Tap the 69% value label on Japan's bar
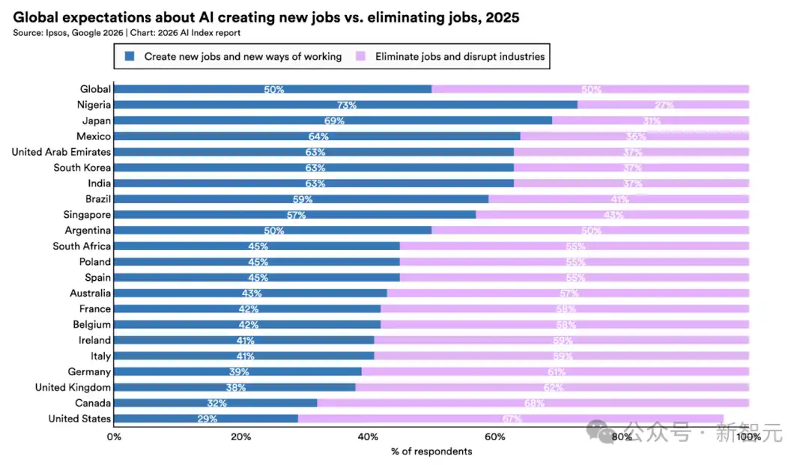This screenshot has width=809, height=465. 334,121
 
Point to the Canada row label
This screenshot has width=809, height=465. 93,403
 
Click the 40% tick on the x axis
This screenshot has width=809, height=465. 368,437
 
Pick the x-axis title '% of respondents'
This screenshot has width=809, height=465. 431,452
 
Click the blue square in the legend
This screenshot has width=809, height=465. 130,56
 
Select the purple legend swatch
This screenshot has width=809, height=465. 360,56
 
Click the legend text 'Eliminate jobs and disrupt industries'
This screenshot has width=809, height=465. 460,56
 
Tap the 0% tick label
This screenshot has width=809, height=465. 114,437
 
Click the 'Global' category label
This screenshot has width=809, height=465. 95,89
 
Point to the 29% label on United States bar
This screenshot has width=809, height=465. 207,419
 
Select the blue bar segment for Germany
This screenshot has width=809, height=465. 237,371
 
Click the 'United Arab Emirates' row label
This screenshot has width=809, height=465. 61,152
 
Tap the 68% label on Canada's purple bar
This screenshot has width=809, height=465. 534,403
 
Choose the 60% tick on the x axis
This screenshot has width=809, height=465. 494,437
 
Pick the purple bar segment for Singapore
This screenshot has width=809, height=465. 613,215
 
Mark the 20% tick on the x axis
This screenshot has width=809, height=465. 240,437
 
